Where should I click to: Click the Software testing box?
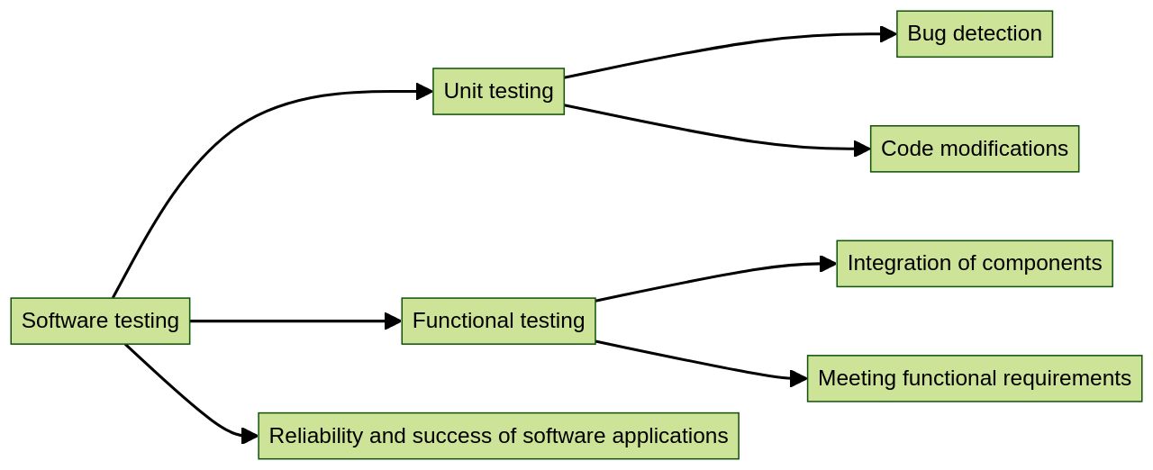[100, 321]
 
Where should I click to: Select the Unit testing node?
[498, 91]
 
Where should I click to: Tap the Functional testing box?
[498, 321]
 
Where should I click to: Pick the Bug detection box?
[974, 34]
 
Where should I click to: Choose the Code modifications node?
[974, 149]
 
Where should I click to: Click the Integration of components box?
[974, 263]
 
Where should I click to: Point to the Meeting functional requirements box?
[974, 378]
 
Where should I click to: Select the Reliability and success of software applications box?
[498, 436]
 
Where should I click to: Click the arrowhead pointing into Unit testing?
[424, 91]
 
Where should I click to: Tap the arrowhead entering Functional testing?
[393, 321]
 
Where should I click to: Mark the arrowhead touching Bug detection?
[888, 34]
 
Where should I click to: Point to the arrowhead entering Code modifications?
[862, 149]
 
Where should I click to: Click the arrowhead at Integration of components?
[828, 263]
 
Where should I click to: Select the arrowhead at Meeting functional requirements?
[798, 378]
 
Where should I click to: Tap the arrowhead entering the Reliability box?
[250, 436]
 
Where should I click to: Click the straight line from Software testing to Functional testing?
[288, 321]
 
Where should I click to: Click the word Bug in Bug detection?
[925, 34]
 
